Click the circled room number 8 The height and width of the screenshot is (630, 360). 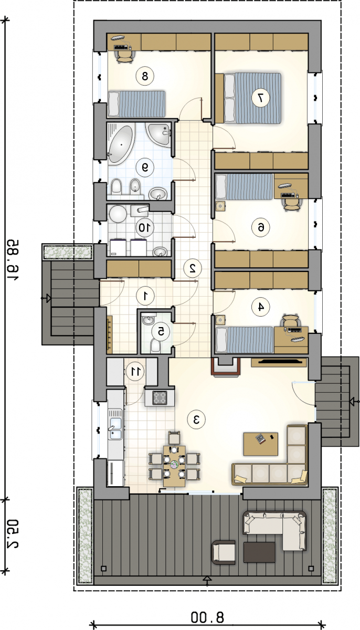coord(145,76)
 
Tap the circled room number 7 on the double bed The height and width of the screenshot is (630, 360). coord(260,98)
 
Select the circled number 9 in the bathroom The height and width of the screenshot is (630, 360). coord(145,167)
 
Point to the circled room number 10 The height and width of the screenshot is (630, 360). coord(145,227)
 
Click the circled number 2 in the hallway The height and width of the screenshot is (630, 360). coord(193,268)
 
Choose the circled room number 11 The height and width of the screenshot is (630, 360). coord(135,371)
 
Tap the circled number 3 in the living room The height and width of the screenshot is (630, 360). coord(196,420)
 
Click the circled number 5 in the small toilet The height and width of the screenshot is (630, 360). coord(161,331)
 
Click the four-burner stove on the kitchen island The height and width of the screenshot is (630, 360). coord(160,398)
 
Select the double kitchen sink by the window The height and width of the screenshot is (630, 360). coord(115,424)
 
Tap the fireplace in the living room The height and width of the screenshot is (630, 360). coord(226,367)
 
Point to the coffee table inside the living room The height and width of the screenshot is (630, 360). coord(261,444)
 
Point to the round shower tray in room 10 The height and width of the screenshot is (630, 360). coord(118,214)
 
